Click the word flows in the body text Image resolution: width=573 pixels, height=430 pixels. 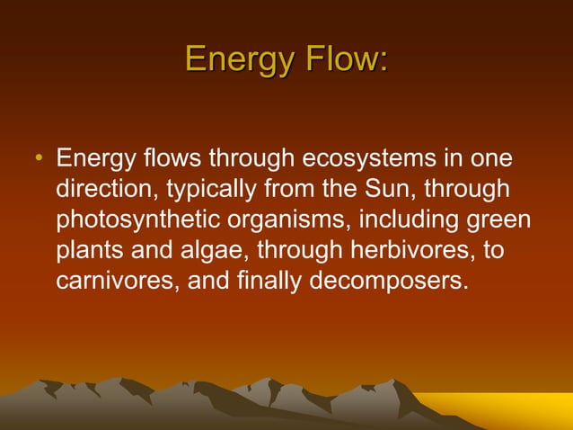[x=172, y=160]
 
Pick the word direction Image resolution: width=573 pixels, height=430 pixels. [x=105, y=191]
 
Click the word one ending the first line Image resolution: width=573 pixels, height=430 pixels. [x=492, y=160]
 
